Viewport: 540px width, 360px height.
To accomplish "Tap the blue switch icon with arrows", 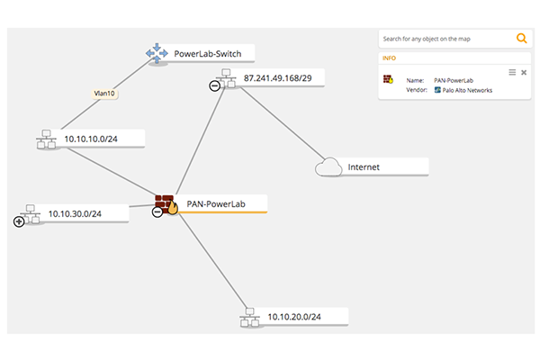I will tap(157, 55).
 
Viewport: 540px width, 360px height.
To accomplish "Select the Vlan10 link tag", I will tap(106, 93).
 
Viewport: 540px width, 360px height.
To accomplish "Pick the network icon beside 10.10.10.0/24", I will tap(45, 140).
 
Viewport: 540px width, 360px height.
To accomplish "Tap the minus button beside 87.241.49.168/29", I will tap(214, 85).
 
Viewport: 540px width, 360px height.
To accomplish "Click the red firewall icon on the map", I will tap(166, 202).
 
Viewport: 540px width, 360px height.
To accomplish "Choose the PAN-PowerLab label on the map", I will tap(216, 204).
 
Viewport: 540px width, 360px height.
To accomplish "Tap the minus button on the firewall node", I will tap(157, 212).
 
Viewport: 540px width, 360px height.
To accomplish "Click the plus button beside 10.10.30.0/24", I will tap(19, 220).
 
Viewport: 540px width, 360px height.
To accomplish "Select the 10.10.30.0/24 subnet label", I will tap(76, 213).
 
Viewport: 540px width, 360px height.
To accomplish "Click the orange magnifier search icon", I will tap(521, 39).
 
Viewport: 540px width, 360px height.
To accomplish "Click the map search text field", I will tap(445, 40).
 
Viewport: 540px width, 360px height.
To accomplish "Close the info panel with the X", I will tap(524, 72).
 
